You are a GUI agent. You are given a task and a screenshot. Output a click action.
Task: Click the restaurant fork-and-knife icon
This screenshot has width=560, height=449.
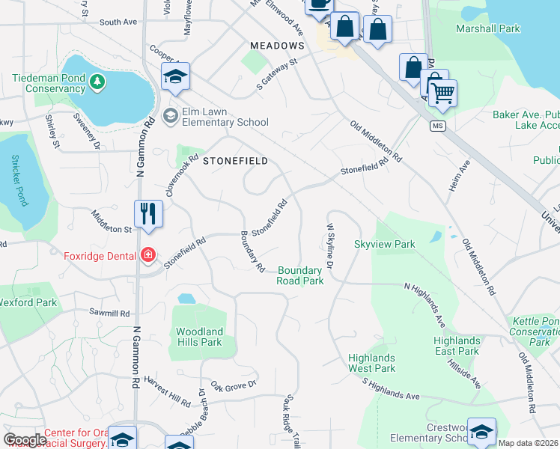[148, 214]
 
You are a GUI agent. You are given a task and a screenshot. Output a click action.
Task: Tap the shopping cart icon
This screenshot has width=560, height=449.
[443, 94]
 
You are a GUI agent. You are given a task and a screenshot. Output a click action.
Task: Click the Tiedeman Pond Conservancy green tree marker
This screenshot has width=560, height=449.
[96, 80]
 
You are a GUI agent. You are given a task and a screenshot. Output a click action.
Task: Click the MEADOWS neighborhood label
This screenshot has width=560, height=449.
[277, 46]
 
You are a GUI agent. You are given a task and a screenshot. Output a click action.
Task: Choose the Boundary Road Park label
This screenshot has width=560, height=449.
[300, 275]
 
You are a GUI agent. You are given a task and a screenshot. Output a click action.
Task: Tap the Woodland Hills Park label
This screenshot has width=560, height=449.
[199, 337]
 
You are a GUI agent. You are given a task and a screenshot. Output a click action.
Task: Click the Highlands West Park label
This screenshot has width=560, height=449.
[371, 363]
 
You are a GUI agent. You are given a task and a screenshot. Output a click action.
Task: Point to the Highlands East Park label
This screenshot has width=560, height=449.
[456, 346]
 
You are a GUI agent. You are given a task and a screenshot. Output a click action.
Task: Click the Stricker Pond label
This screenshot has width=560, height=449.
[18, 180]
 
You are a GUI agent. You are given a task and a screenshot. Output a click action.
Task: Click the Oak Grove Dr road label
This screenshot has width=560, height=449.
[234, 385]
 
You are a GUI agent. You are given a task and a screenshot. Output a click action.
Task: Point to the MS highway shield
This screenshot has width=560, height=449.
[438, 126]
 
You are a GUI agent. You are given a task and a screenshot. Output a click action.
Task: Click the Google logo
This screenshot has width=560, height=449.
[25, 439]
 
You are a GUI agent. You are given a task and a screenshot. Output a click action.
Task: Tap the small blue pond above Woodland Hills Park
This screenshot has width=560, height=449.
[186, 299]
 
